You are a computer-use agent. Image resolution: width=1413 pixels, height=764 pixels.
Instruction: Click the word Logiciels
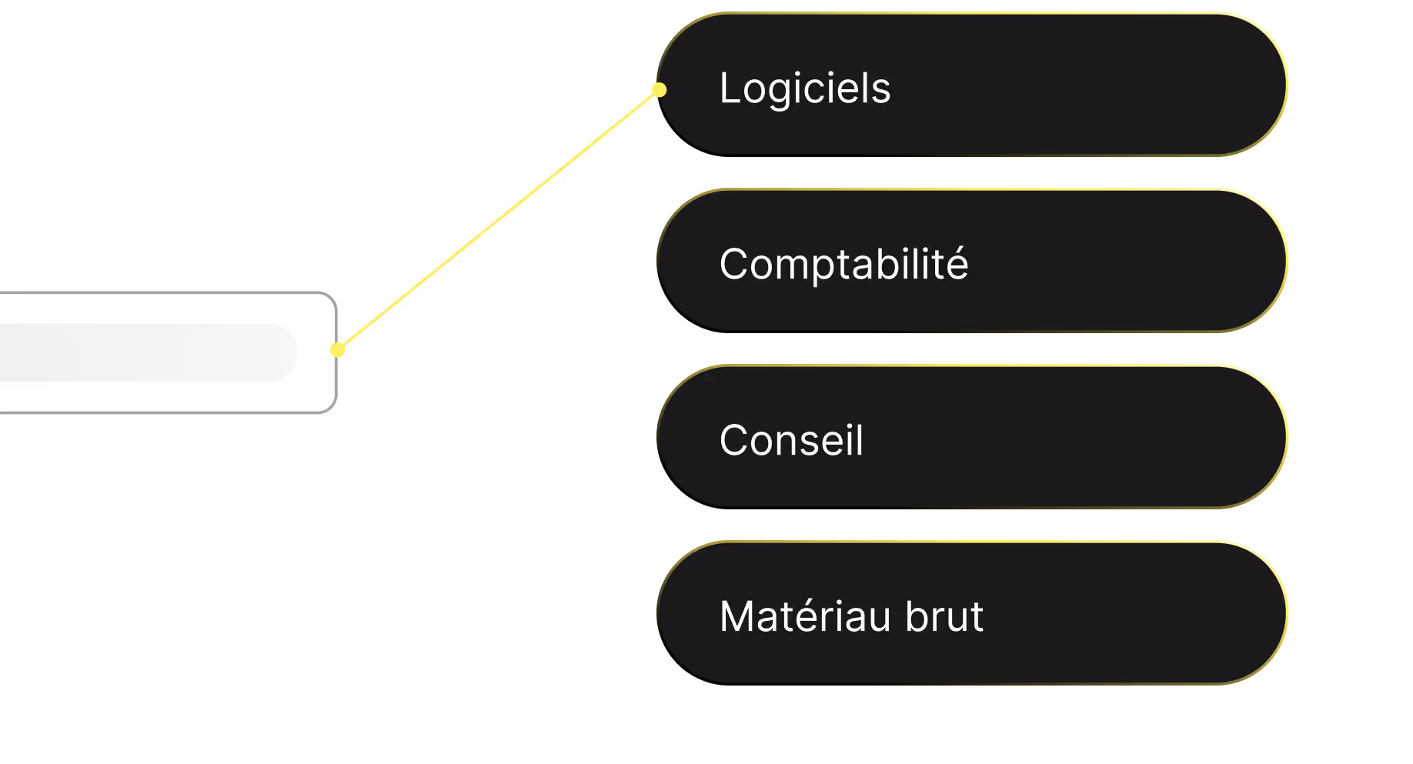click(x=804, y=88)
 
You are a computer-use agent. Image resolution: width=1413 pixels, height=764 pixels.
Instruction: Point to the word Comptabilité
click(x=843, y=265)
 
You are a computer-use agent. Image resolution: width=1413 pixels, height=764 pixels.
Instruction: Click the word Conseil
click(x=791, y=440)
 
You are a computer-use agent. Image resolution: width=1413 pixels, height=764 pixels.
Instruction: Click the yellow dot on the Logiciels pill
click(x=659, y=90)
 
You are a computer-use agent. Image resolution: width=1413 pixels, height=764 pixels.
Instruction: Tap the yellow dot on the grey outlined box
click(x=337, y=350)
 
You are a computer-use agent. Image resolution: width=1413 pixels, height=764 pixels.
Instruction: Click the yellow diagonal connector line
click(x=498, y=220)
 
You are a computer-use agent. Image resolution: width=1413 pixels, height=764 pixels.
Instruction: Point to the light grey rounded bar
click(x=146, y=352)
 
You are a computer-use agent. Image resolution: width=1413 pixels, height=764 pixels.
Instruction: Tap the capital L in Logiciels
click(x=729, y=88)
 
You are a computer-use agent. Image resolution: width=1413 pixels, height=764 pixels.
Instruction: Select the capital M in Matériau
click(x=737, y=616)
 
